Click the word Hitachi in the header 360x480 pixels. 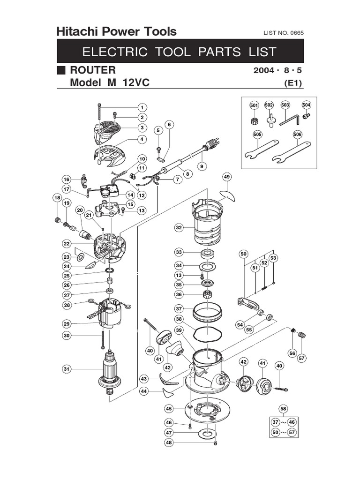click(x=76, y=32)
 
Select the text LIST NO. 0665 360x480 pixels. click(x=284, y=33)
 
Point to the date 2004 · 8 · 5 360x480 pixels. click(x=278, y=71)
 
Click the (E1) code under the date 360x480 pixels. click(x=293, y=83)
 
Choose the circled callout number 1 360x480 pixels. click(x=141, y=107)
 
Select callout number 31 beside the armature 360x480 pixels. click(x=67, y=369)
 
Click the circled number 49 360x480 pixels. click(x=227, y=177)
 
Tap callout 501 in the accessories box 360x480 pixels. click(x=254, y=105)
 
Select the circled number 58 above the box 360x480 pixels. click(x=283, y=408)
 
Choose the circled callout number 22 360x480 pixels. click(x=67, y=243)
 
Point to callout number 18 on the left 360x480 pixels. click(x=57, y=198)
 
